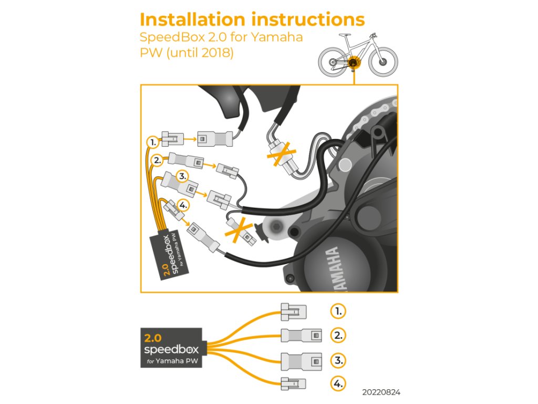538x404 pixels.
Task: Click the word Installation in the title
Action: pos(192,19)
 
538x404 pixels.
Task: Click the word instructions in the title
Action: pos(308,19)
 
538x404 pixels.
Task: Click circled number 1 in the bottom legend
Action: pos(338,311)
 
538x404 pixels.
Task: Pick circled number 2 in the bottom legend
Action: pos(338,335)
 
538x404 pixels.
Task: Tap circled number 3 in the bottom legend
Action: pos(338,360)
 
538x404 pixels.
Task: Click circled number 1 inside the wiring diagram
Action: pos(152,142)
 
